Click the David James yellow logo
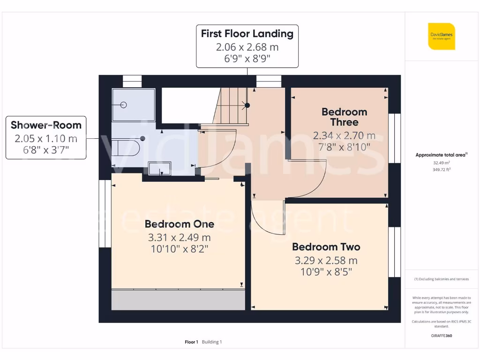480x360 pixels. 441,36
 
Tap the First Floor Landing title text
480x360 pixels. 247,34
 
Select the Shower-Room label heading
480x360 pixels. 46,125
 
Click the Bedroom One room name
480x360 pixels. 179,224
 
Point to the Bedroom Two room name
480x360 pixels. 326,247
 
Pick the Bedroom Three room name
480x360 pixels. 344,117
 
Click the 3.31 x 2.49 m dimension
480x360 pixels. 179,237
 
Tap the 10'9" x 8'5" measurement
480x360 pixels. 326,272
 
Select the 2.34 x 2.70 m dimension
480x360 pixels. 344,136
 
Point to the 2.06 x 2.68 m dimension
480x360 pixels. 247,47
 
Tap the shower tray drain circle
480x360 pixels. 124,105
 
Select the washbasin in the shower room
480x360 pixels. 160,168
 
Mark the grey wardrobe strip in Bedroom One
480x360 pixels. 178,300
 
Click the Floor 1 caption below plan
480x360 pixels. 191,342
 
